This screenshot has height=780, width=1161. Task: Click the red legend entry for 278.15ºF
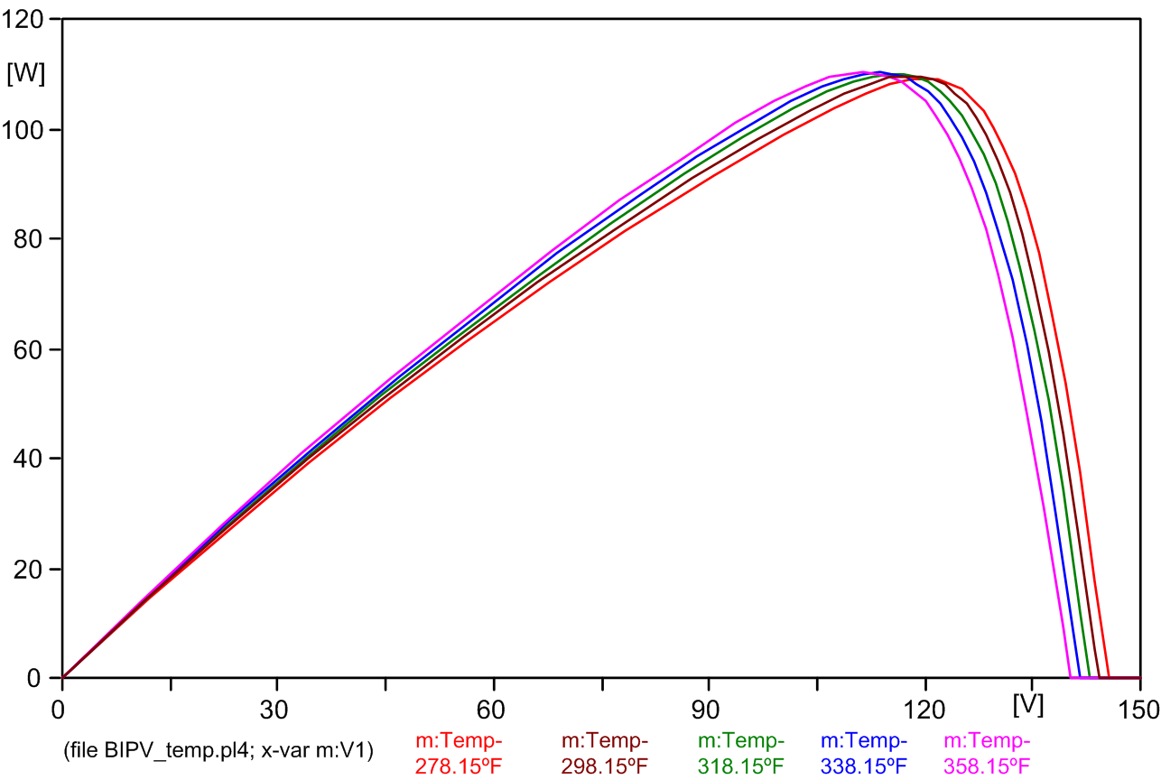click(x=458, y=754)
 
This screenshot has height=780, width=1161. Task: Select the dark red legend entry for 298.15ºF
click(x=604, y=754)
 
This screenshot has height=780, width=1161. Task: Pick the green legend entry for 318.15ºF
click(x=740, y=754)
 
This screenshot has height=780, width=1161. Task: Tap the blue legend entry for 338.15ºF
click(x=863, y=754)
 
